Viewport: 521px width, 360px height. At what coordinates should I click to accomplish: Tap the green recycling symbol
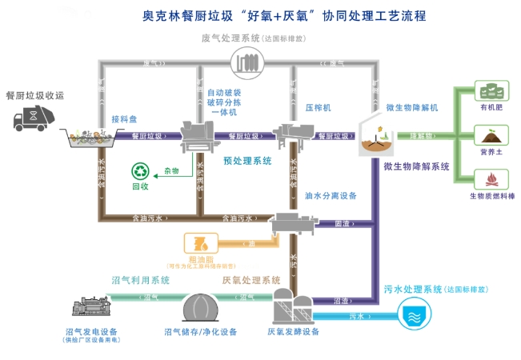coord(141,170)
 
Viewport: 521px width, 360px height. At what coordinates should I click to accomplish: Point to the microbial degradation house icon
coord(371,134)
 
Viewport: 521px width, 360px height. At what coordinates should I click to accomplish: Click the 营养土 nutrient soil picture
coord(490,134)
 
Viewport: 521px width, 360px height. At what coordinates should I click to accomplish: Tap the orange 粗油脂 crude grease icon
coord(197,242)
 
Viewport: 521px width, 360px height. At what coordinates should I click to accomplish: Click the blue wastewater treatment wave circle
coord(414,314)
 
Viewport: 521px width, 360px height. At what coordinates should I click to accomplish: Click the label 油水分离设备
coord(331,195)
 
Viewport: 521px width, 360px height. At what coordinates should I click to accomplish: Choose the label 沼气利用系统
coord(141,280)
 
